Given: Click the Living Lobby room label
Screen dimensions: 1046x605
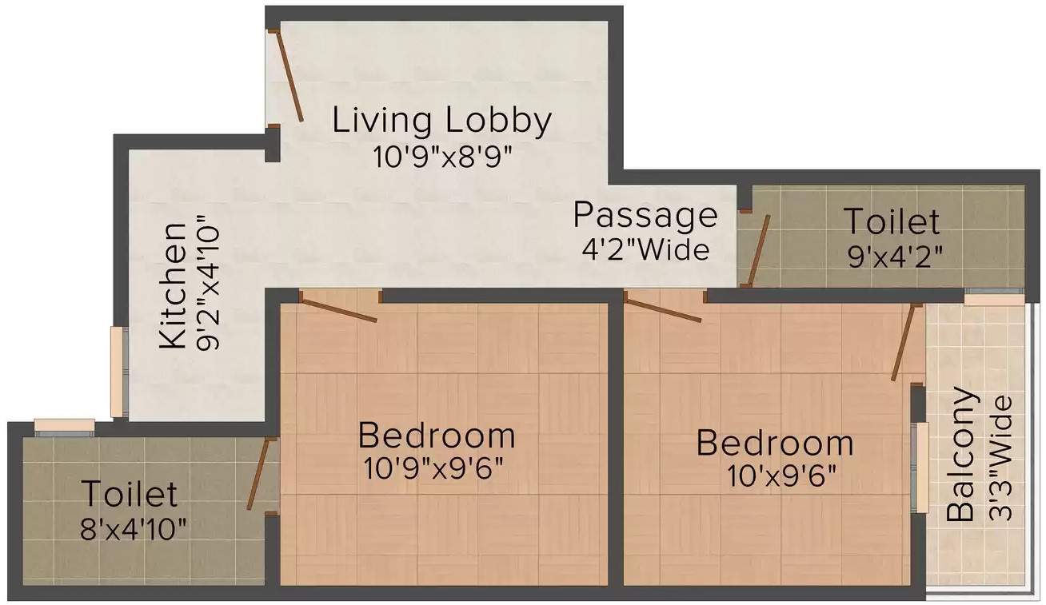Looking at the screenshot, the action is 441,121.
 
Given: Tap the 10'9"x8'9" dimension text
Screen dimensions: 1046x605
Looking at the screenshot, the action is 442,157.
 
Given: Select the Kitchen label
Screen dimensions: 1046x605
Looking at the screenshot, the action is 172,285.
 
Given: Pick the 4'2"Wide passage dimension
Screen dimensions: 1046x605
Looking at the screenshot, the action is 645,250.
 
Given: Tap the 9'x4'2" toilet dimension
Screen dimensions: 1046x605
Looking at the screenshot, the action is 895,257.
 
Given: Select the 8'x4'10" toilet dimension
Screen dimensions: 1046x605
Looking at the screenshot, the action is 134,529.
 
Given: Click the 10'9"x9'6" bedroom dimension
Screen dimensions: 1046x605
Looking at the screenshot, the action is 434,468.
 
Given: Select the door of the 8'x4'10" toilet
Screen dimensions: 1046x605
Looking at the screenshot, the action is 260,473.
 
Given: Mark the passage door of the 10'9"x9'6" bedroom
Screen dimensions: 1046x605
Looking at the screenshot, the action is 338,307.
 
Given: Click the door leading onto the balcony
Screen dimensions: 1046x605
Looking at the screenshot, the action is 905,342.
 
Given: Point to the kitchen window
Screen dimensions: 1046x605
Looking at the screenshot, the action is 118,372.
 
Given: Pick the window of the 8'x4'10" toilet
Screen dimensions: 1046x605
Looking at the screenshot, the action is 65,427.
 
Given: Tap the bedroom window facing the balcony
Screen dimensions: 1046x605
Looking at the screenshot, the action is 920,468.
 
